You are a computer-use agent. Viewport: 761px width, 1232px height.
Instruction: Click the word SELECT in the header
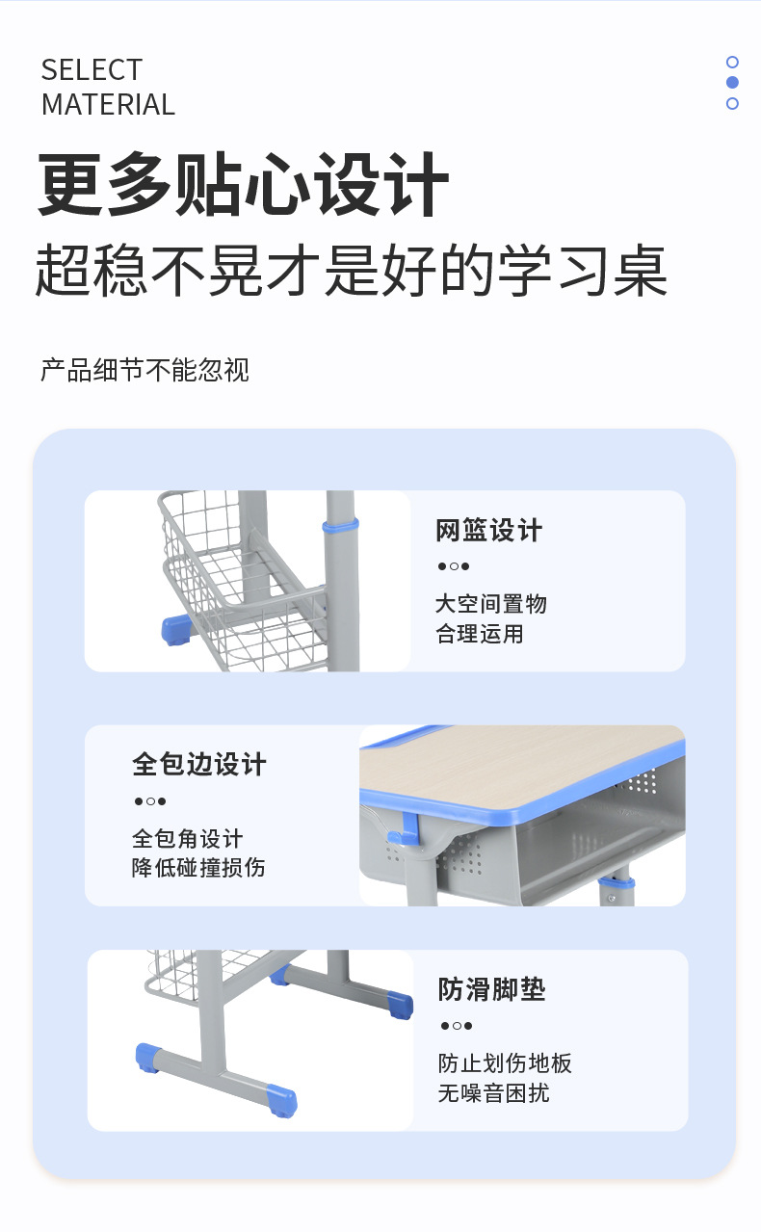92,70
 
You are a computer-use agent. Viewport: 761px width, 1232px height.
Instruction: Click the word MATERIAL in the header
108,104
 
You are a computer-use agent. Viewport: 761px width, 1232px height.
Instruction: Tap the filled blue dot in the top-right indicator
732,83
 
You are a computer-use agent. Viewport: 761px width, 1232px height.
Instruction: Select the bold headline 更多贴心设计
243,184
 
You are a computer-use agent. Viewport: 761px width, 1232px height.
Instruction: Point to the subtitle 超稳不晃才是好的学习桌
352,270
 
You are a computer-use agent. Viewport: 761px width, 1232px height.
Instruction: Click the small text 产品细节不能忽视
145,370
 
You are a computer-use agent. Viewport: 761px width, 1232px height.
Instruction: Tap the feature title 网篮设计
488,531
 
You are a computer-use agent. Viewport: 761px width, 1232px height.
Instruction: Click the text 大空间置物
491,604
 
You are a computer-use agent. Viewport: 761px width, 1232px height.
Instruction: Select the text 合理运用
480,634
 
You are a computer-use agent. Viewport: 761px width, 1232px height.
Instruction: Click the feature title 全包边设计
199,765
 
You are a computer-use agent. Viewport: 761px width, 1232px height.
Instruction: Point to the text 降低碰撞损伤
198,867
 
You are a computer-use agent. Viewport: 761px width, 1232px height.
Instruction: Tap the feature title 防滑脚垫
491,989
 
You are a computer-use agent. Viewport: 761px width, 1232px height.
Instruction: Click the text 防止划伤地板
505,1063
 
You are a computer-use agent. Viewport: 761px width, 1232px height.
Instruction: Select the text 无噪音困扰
494,1093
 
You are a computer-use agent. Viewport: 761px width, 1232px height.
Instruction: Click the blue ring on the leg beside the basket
340,526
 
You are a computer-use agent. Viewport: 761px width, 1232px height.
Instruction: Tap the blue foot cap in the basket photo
176,630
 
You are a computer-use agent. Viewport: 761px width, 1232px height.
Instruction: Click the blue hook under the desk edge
405,830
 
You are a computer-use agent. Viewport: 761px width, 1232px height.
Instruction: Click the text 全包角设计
188,839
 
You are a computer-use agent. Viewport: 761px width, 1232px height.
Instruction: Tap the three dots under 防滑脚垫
457,1026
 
